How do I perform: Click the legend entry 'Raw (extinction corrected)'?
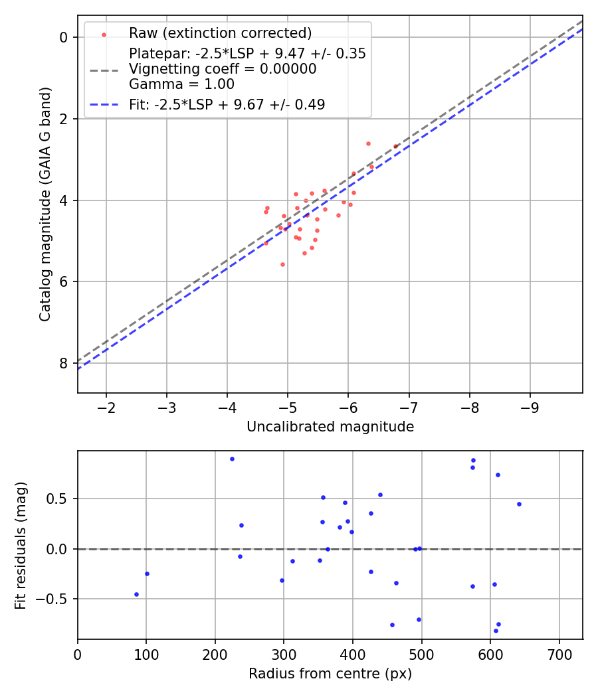click(x=220, y=33)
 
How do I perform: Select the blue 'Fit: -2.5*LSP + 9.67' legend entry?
click(x=227, y=104)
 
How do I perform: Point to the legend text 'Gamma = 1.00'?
click(x=181, y=84)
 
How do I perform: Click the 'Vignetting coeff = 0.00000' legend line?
click(x=223, y=69)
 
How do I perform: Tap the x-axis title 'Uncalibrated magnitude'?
click(x=330, y=427)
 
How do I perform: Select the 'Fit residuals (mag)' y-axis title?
click(x=21, y=545)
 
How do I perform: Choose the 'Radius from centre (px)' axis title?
click(x=330, y=674)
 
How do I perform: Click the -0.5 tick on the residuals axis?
click(x=56, y=599)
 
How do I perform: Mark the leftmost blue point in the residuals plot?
click(x=136, y=594)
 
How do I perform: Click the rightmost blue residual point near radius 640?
click(x=519, y=504)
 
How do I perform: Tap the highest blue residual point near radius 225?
click(x=232, y=459)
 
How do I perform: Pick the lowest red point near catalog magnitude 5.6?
click(x=282, y=264)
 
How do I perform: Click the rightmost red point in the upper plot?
click(x=395, y=146)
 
